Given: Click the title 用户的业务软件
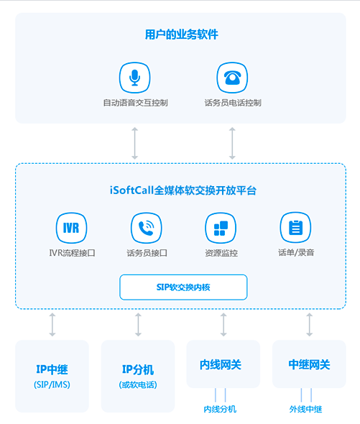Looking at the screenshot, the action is point(182,34).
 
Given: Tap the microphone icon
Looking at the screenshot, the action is point(134,78).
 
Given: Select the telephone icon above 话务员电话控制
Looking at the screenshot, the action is point(232,78).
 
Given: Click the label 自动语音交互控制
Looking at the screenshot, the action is point(136,103).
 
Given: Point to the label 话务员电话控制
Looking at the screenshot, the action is point(233,103).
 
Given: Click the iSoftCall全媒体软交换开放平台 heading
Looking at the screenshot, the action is point(183,190).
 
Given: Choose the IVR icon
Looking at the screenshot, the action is point(71,228).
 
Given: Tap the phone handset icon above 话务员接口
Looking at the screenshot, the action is point(147,228).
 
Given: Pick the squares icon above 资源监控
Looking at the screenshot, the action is point(221,228).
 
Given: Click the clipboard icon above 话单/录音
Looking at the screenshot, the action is point(295,228).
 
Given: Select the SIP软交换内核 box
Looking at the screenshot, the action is point(183,287).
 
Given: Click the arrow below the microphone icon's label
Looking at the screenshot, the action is point(134,143).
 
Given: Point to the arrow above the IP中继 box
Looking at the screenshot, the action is point(52,325).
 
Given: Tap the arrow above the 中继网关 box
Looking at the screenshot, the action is point(310,325).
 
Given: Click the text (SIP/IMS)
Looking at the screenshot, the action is point(52,384).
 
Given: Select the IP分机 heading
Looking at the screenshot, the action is point(138,369).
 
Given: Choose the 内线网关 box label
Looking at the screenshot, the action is point(221,365).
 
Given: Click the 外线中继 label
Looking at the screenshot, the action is point(305,410).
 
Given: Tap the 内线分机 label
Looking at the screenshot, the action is point(220,410).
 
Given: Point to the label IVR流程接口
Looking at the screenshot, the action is point(72,253).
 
